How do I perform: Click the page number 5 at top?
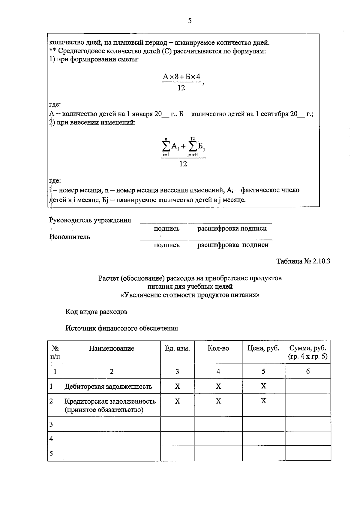(x=190, y=21)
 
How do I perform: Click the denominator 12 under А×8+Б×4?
(x=181, y=88)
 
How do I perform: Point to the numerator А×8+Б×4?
(x=181, y=77)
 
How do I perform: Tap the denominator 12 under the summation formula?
(x=183, y=164)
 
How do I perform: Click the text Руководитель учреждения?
(x=90, y=220)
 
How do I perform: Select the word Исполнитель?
(x=70, y=237)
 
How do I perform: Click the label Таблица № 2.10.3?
(x=303, y=261)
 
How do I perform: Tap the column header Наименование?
(x=112, y=348)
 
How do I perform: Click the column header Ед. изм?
(x=177, y=348)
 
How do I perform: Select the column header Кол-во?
(x=218, y=348)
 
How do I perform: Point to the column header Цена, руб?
(x=263, y=348)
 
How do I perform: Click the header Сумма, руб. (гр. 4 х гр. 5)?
(x=308, y=352)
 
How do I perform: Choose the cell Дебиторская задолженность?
(x=108, y=387)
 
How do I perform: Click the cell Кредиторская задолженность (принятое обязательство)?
(x=110, y=405)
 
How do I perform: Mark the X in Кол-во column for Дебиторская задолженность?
(x=218, y=386)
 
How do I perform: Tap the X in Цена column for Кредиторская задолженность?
(x=263, y=401)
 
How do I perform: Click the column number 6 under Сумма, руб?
(x=308, y=372)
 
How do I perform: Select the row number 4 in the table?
(x=51, y=439)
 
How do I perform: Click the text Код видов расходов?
(x=96, y=312)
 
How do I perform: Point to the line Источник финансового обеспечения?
(x=122, y=328)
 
